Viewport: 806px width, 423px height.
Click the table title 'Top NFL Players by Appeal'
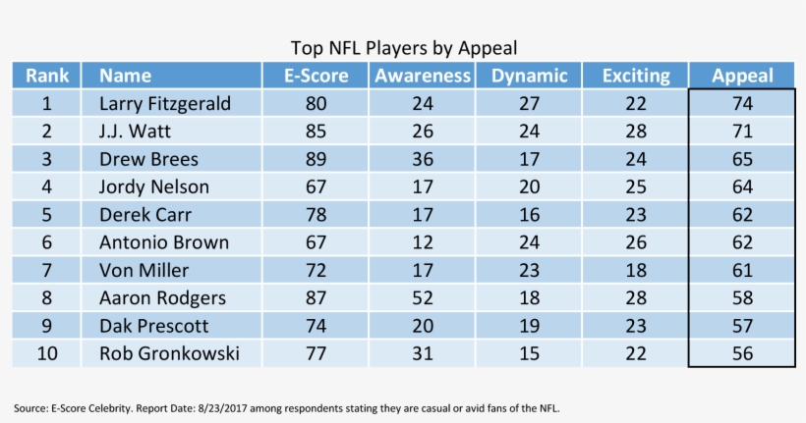403,47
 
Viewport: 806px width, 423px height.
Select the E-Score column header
316,76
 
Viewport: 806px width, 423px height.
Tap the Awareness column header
422,76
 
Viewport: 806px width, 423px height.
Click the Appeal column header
741,76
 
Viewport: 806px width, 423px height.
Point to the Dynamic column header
529,76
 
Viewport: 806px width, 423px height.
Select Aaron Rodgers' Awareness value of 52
422,297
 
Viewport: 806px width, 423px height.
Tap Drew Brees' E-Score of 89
316,159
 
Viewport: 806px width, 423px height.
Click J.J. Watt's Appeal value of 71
741,131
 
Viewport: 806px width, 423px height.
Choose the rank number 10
46,353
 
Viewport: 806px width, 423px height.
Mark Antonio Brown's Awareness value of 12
422,242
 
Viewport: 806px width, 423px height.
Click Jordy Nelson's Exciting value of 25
635,186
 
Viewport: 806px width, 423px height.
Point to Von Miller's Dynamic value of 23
529,270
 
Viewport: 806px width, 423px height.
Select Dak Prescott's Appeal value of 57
741,326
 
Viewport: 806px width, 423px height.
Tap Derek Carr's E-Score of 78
316,214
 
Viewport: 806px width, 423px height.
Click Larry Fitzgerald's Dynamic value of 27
529,103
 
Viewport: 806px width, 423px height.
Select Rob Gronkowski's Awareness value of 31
422,353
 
